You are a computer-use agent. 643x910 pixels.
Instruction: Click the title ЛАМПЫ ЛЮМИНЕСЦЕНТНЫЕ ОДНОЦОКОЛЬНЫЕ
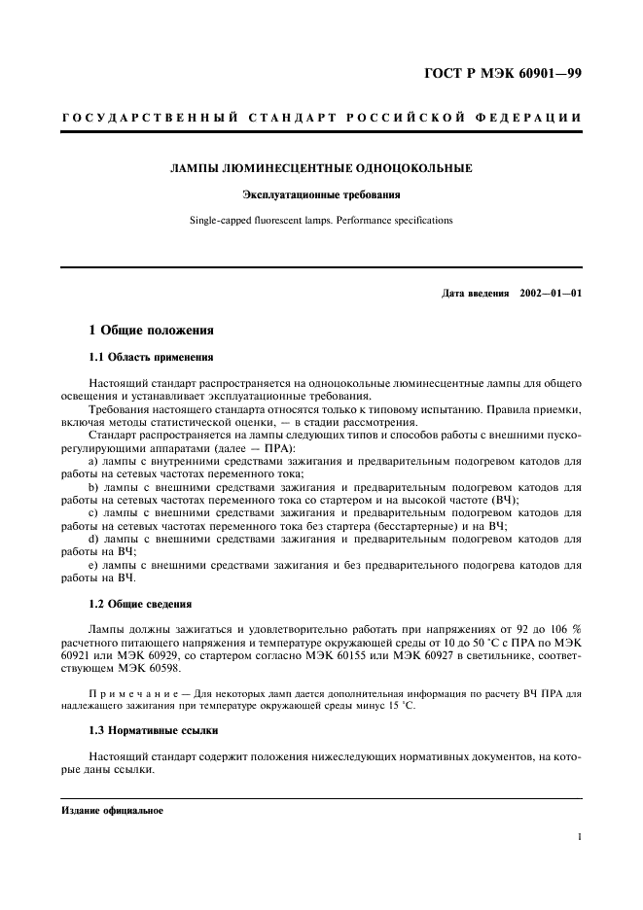(x=321, y=169)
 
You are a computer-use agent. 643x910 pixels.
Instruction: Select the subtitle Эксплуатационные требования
(x=321, y=195)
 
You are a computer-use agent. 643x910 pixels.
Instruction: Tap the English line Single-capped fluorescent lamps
(x=321, y=221)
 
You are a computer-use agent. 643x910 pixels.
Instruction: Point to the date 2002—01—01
(x=551, y=294)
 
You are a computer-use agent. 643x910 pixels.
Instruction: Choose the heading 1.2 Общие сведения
(x=140, y=604)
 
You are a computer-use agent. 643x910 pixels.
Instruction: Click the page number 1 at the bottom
(x=578, y=835)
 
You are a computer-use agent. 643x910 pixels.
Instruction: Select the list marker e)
(x=93, y=564)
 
